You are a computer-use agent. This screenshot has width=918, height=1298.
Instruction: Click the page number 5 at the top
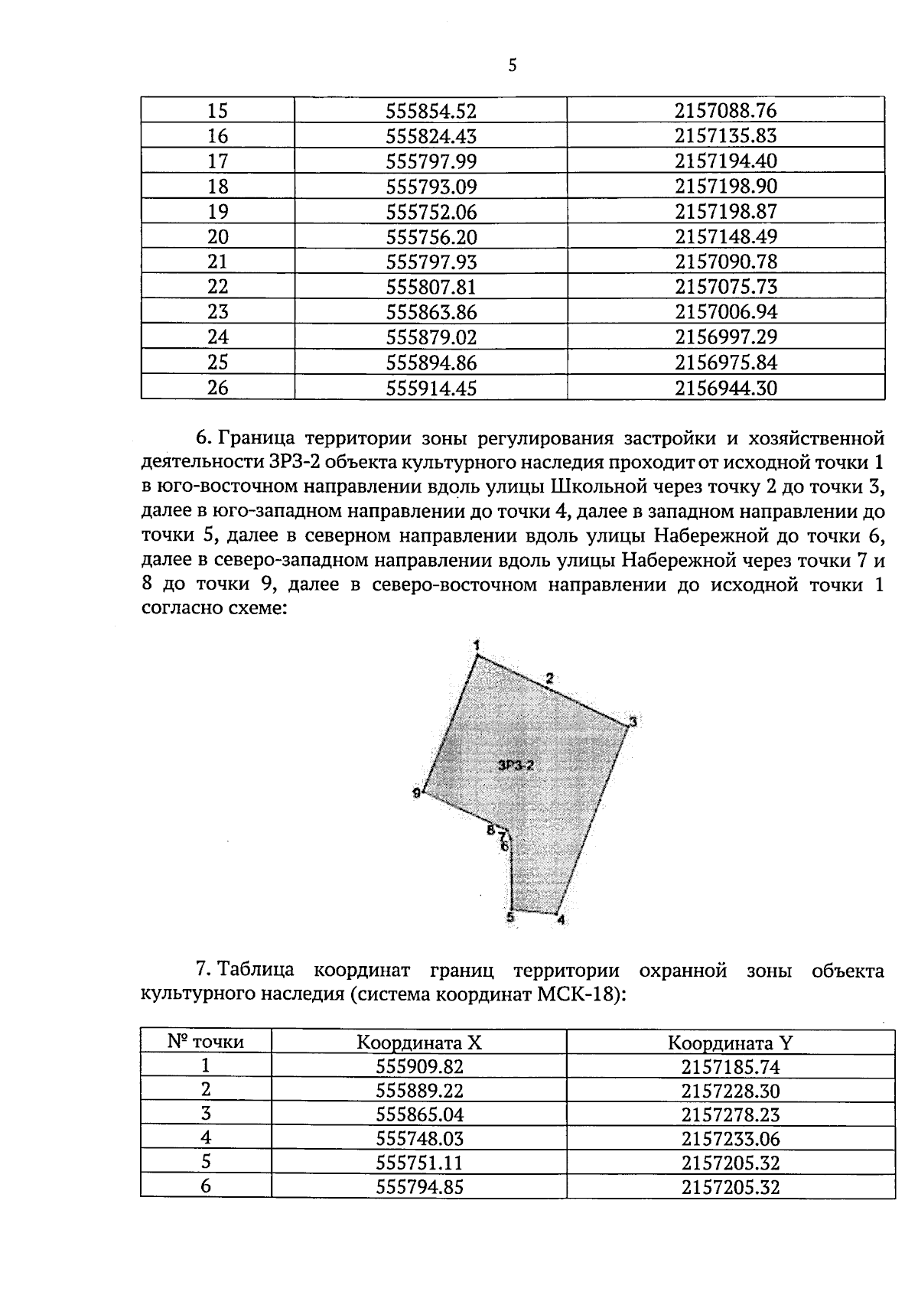click(x=513, y=66)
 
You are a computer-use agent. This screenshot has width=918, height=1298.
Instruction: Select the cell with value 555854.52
click(x=431, y=111)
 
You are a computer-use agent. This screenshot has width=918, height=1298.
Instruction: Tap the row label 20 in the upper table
click(x=218, y=237)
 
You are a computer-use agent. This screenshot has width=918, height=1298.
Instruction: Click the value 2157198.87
click(x=725, y=212)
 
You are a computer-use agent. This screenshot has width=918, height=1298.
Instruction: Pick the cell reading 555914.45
click(x=431, y=389)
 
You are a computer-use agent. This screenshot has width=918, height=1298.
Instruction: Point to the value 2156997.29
click(x=725, y=337)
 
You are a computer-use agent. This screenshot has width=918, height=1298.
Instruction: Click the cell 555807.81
click(x=431, y=287)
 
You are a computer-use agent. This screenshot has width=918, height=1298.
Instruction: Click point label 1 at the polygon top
click(x=477, y=645)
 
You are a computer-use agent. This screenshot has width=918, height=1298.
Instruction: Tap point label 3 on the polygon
click(x=633, y=721)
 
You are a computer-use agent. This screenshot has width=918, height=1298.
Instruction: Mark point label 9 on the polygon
click(x=416, y=793)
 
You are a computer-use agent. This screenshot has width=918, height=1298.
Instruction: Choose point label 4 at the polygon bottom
click(x=561, y=920)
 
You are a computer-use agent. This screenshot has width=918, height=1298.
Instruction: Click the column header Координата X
click(x=419, y=1043)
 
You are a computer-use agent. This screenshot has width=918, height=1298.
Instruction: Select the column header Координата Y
click(x=730, y=1043)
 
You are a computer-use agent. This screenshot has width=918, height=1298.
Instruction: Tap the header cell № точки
click(x=206, y=1041)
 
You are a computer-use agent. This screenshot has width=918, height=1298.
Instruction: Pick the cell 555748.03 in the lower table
click(x=419, y=1139)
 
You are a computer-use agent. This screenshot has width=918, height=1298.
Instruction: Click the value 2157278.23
click(x=730, y=1114)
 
